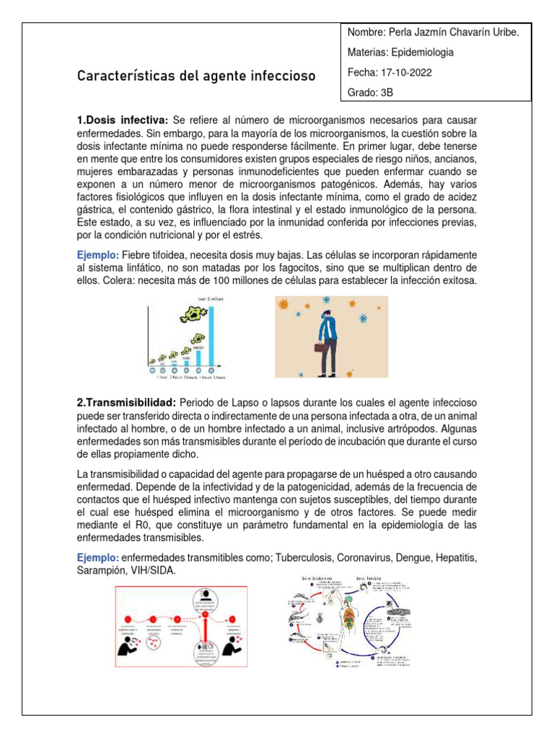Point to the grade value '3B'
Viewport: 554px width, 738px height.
click(x=386, y=93)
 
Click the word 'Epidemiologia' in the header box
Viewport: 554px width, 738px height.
click(x=421, y=53)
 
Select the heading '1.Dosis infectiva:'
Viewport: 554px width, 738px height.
click(x=123, y=118)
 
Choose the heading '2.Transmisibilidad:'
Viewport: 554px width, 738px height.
click(x=126, y=401)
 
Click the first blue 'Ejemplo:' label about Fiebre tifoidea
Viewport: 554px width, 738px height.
click(x=98, y=255)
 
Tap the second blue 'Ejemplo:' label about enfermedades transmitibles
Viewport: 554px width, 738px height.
click(x=98, y=558)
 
